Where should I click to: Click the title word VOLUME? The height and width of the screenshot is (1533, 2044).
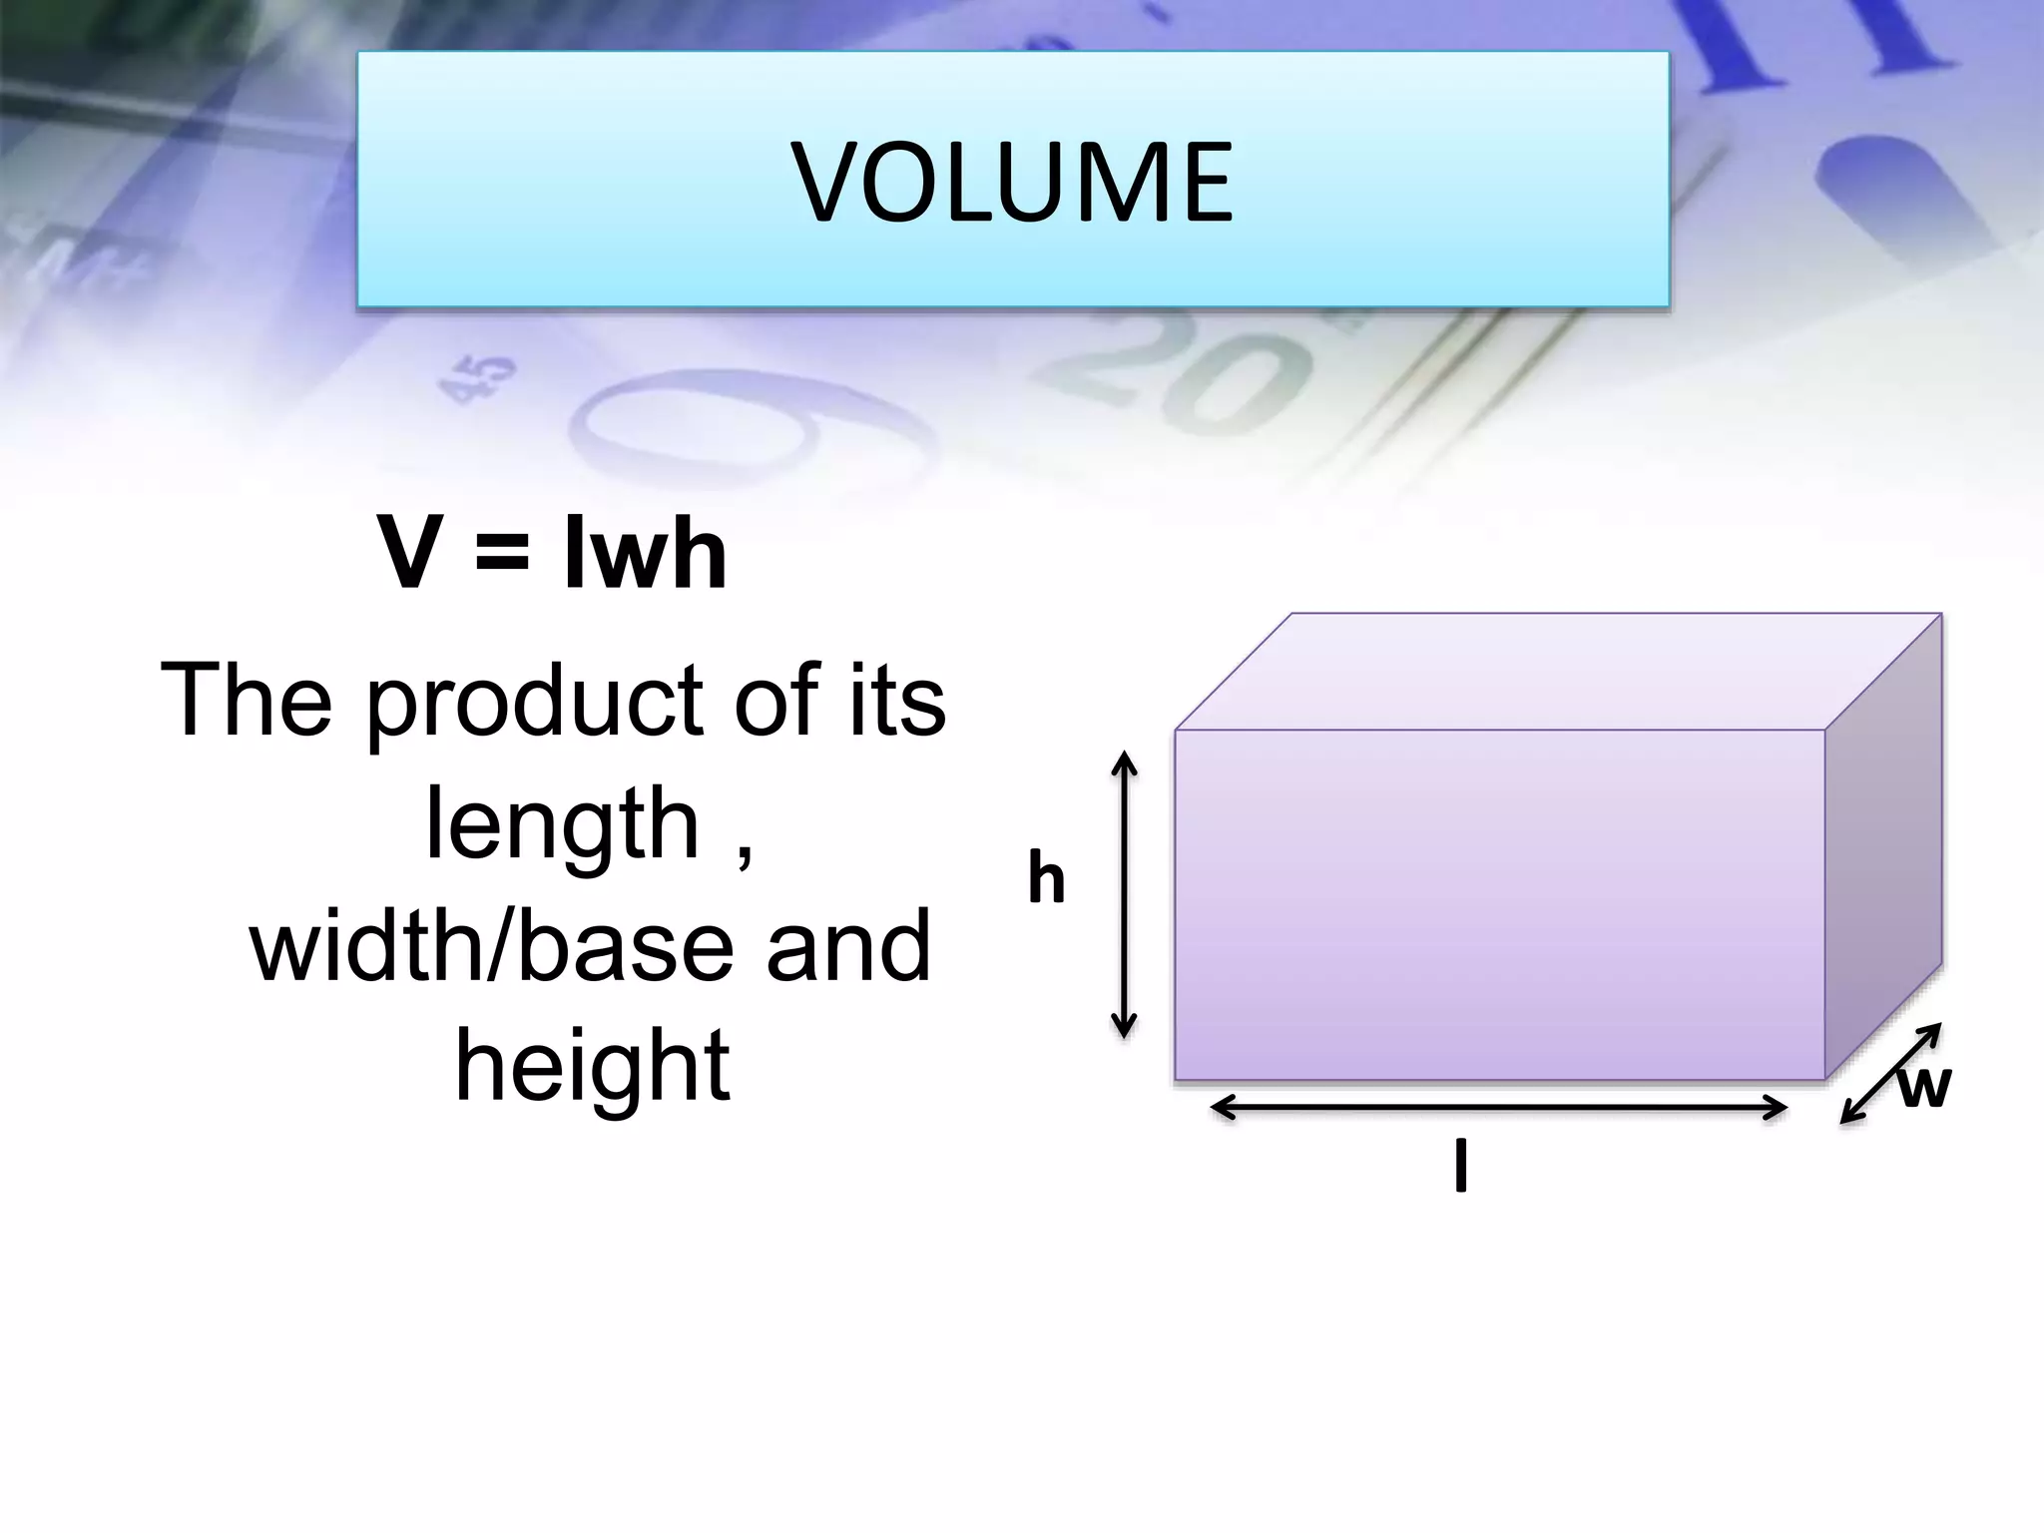tap(1012, 183)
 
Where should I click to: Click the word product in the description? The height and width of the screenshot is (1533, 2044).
tap(539, 704)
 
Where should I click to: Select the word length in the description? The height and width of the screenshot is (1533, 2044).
tap(563, 826)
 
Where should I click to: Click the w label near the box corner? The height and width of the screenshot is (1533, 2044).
tap(1923, 1088)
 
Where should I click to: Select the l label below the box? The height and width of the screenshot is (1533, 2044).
tap(1461, 1169)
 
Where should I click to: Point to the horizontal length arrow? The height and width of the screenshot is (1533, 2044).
tap(1498, 1108)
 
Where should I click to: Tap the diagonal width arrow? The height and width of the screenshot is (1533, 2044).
tap(1889, 1075)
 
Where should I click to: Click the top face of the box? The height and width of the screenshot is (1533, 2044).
tap(1557, 671)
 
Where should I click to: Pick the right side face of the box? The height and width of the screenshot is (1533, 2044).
tap(1883, 848)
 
